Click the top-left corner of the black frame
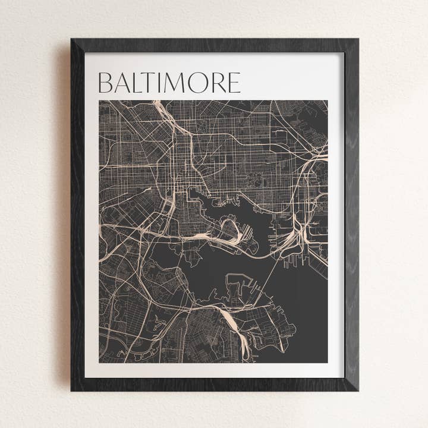(73, 40)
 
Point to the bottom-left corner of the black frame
(73, 389)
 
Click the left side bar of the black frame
(77, 214)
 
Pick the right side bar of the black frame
(351, 214)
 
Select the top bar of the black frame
(214, 45)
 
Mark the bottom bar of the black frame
(214, 384)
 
